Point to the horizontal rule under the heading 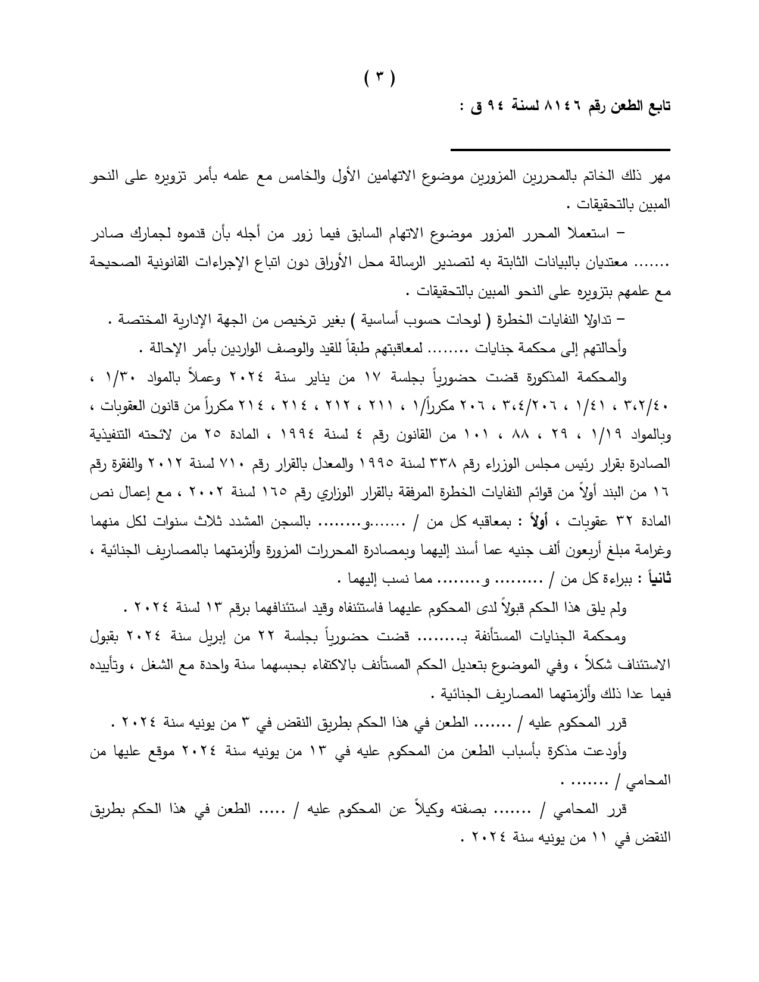(x=560, y=149)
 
